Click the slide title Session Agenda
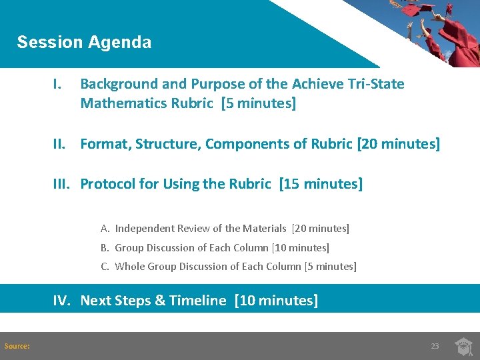click(x=84, y=42)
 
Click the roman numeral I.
click(x=58, y=84)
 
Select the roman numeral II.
click(x=60, y=144)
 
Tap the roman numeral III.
click(x=63, y=184)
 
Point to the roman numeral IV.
click(x=62, y=301)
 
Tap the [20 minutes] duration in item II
click(x=398, y=144)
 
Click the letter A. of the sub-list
click(x=105, y=229)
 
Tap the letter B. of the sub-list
click(x=105, y=248)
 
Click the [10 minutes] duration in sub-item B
click(x=300, y=248)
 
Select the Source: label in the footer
click(x=17, y=346)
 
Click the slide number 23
click(x=435, y=346)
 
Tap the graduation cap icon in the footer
click(x=463, y=346)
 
